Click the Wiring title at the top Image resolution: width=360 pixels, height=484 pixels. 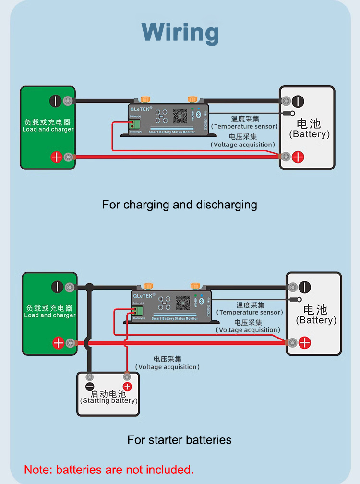coord(180,33)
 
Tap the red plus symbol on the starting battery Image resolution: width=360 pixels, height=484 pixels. coord(127,387)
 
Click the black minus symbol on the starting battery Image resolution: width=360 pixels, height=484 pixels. coord(89,387)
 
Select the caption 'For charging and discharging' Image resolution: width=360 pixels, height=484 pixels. coord(180,205)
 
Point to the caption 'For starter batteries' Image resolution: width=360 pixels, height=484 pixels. coord(180,440)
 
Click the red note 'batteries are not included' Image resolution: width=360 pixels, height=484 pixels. coord(109,470)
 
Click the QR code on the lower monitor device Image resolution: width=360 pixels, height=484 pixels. coord(183,303)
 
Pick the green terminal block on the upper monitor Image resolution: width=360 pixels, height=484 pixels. coord(137,124)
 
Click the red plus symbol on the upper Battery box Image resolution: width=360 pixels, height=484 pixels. coord(298,157)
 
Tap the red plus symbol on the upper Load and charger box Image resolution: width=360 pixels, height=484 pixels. coord(56,157)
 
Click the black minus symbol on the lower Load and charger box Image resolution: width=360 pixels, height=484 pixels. coord(58,287)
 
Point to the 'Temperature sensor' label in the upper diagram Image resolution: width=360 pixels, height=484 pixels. coord(245,126)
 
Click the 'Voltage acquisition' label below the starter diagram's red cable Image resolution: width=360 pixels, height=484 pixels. coord(167,367)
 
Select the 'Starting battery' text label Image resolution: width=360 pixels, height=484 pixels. coord(109,400)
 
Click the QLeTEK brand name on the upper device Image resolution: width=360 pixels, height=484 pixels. coord(141,109)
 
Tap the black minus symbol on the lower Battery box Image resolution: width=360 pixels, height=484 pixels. coord(305,287)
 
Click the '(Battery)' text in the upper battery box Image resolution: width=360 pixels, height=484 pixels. coord(310,134)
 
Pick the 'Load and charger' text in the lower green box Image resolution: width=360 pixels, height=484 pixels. coord(50,315)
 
